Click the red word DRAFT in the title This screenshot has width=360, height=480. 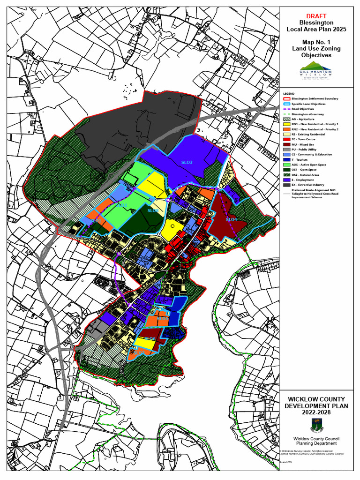click(316, 16)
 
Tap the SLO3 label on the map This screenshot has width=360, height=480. click(187, 162)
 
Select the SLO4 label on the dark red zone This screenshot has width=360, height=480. click(231, 219)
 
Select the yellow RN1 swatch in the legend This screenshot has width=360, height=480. click(287, 124)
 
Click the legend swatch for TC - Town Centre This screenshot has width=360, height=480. click(287, 139)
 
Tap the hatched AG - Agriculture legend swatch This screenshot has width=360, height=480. click(287, 119)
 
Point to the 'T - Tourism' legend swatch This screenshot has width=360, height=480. click(287, 159)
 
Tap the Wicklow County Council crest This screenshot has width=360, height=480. click(316, 426)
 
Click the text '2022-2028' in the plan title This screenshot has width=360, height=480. click(316, 412)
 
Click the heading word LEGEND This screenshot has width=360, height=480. click(289, 94)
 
